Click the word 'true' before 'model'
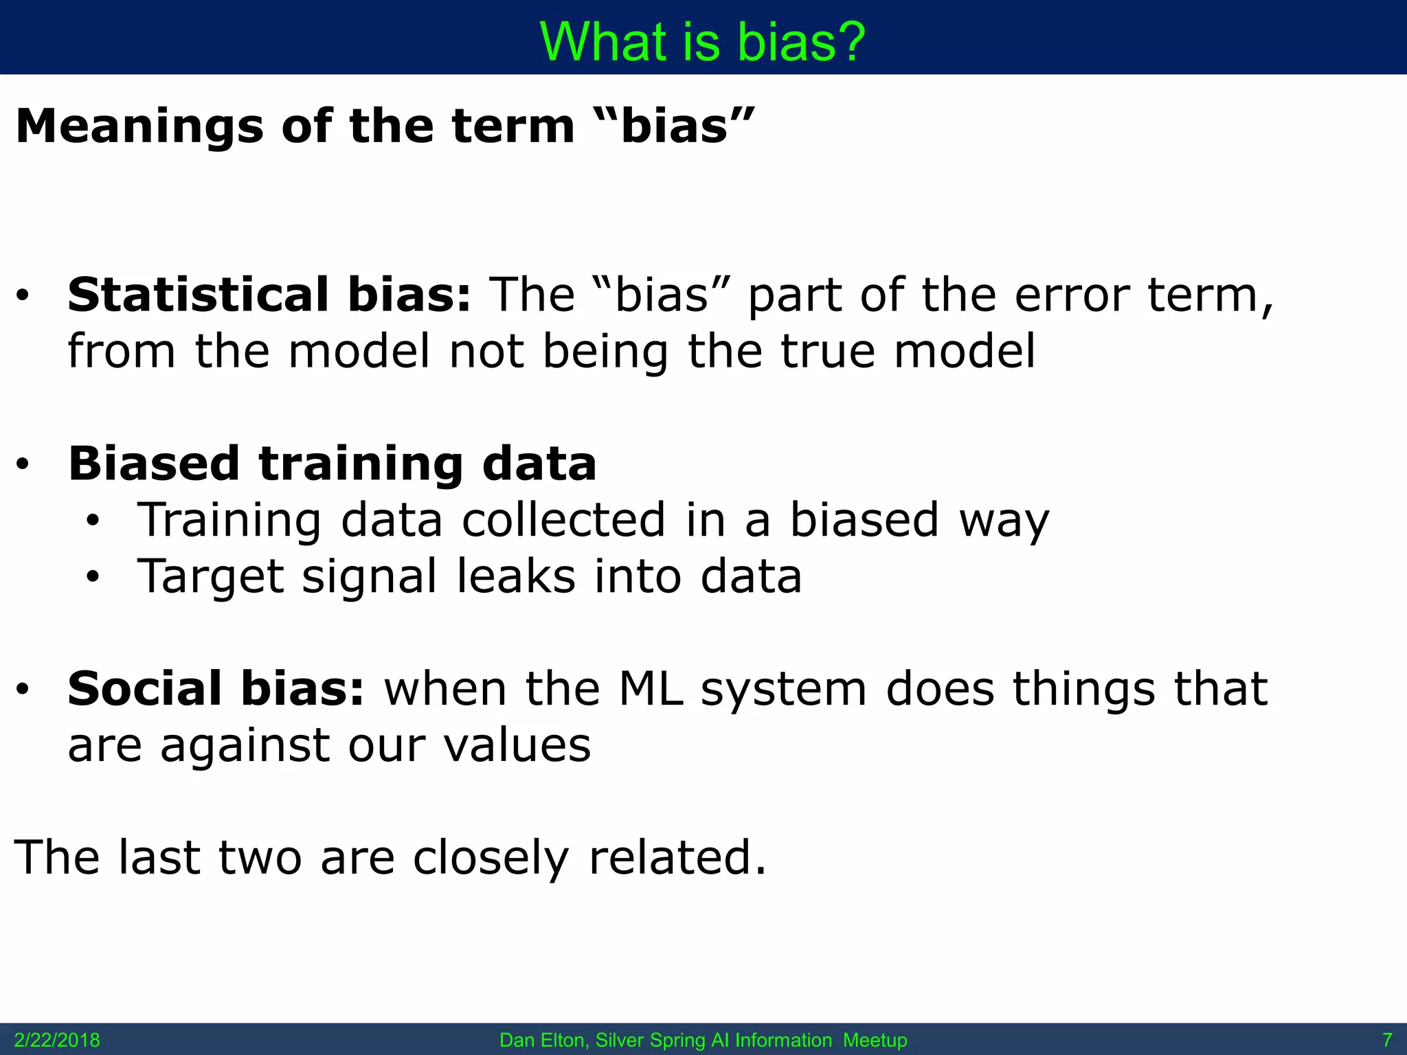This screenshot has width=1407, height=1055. pos(827,352)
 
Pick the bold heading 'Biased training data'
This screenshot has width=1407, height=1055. pos(332,464)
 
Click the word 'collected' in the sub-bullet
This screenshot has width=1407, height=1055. pos(563,520)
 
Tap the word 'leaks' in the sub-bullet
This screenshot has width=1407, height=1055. pos(516,576)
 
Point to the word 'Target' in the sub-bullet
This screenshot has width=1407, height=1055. pos(210,576)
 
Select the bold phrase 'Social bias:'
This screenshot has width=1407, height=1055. pos(216,689)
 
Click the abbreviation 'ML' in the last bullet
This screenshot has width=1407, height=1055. pos(651,689)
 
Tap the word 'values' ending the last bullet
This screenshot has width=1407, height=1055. pos(517,745)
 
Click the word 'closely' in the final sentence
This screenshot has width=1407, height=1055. pos(491,858)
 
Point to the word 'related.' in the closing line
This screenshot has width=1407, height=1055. pos(677,858)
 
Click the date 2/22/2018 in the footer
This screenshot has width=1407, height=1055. pos(57,1041)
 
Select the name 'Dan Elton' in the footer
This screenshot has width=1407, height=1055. pos(542,1041)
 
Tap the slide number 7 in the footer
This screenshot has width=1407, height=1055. pos(1387,1041)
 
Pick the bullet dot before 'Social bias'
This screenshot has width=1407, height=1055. pos(23,690)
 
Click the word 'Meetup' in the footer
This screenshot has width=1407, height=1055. pos(875,1041)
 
